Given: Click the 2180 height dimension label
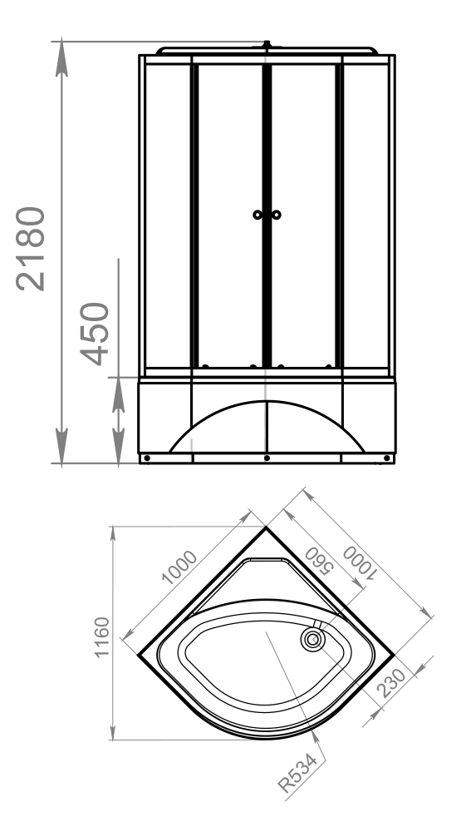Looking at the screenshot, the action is pos(31,249).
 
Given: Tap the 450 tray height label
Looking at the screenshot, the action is pos(95,334).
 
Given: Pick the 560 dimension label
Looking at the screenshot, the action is pos(319,561).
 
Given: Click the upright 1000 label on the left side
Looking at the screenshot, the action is pos(179,567).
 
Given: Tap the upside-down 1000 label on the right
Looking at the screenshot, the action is pos(359,563).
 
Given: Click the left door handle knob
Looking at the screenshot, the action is pos(258,215).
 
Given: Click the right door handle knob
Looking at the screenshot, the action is pos(277,215).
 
